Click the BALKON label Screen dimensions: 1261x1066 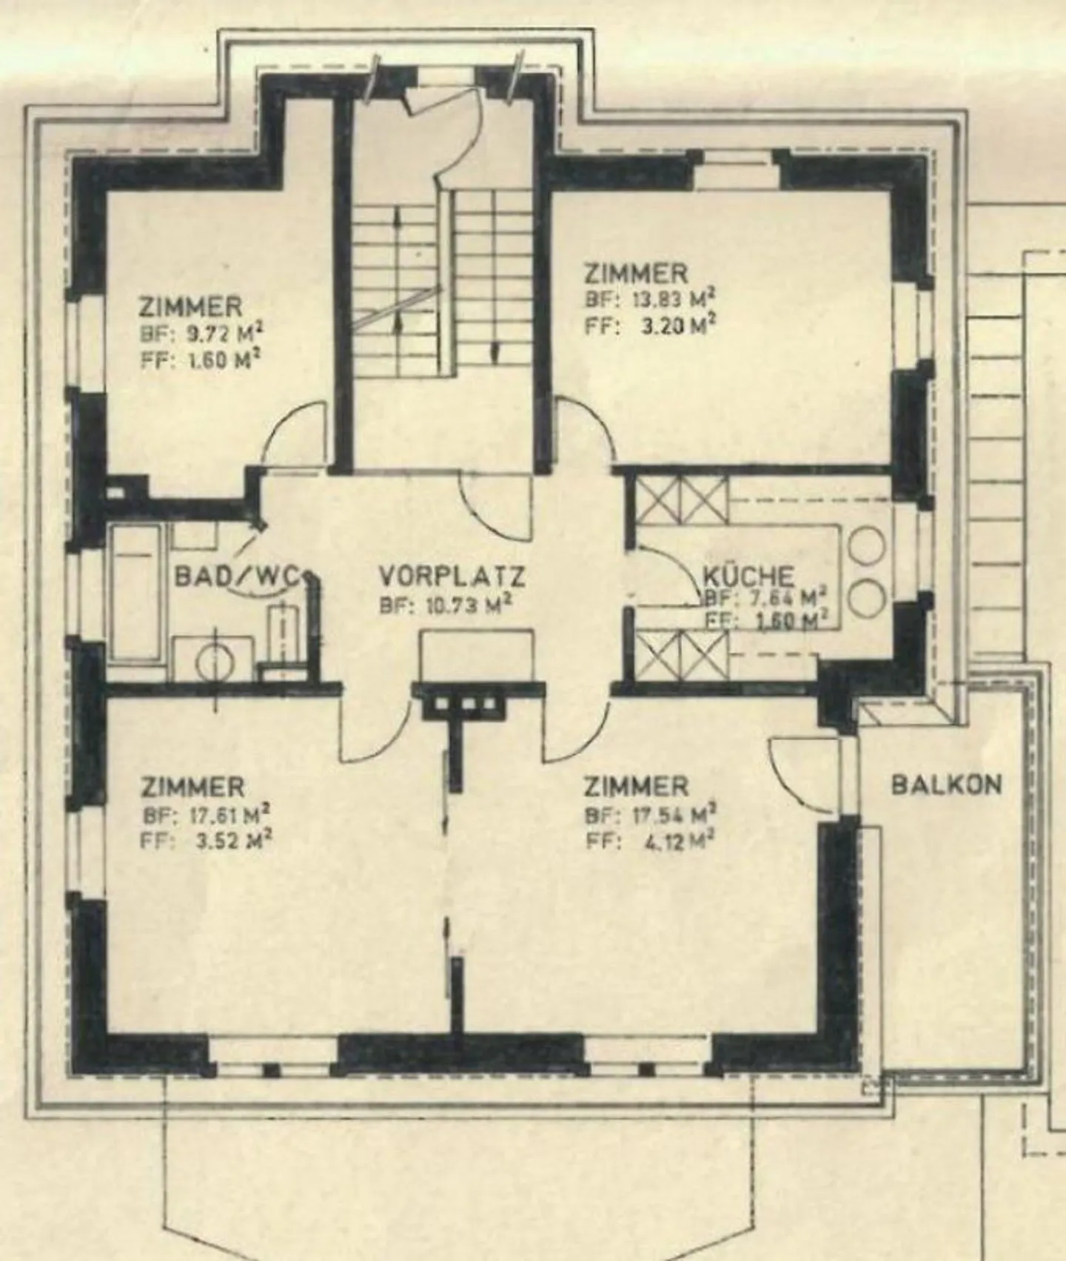[946, 784]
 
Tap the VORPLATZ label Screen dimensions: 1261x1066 [452, 575]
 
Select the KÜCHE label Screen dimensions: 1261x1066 [748, 576]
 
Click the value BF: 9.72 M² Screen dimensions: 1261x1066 [201, 333]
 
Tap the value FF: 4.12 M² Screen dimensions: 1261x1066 [650, 841]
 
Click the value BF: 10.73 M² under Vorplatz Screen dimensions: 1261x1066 [446, 605]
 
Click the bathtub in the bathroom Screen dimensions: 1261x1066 [136, 592]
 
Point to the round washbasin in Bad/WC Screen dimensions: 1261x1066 [215, 660]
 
